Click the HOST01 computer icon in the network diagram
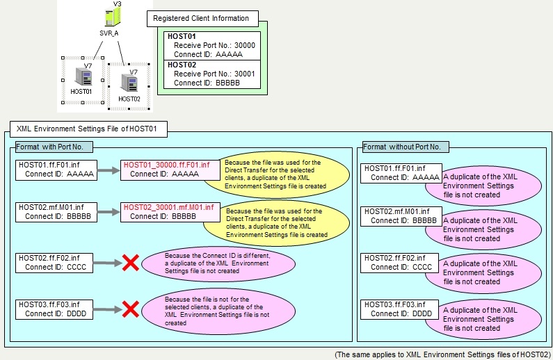tap(82, 78)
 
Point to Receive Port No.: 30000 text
tap(214, 45)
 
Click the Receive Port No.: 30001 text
tap(214, 73)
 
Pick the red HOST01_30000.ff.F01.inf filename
tap(166, 165)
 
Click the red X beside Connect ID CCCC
tap(130, 263)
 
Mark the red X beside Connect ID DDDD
tap(130, 309)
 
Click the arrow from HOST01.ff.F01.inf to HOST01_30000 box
tap(104, 169)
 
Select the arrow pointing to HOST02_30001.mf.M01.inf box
tap(104, 211)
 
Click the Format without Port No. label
tap(406, 147)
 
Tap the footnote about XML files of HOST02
tap(443, 354)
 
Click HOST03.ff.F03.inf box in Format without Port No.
tap(400, 309)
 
